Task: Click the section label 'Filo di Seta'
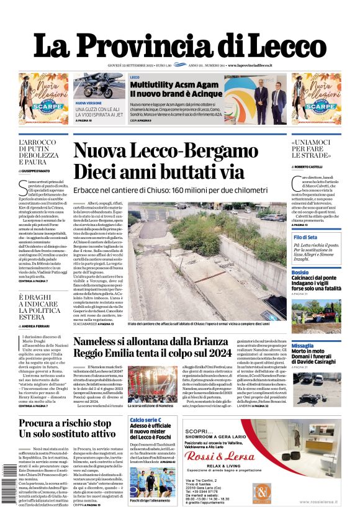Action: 305,238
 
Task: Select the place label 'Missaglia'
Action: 303,345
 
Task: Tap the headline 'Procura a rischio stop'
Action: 65,423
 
